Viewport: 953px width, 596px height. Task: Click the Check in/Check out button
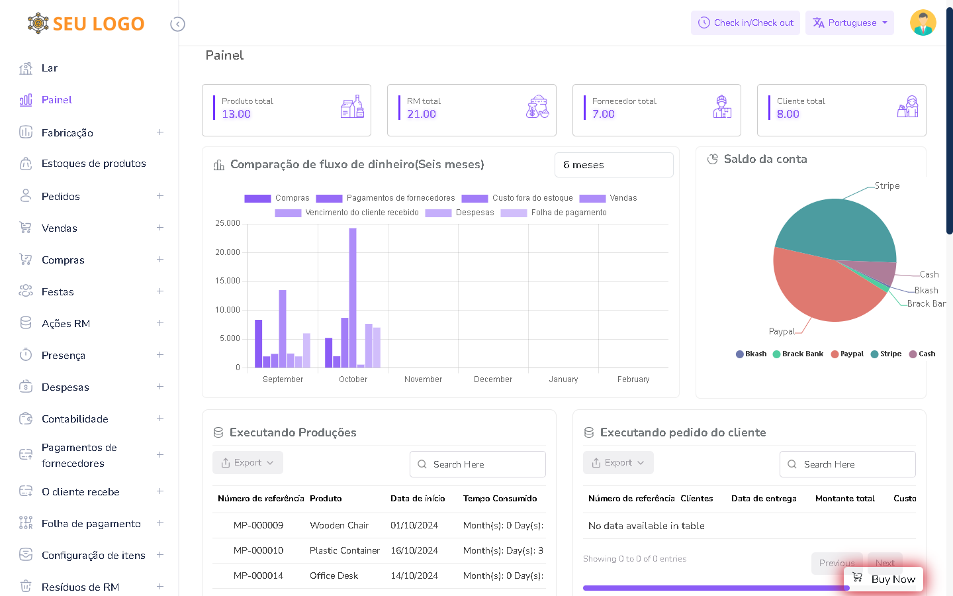[745, 23]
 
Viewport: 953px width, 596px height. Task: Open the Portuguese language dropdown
[849, 23]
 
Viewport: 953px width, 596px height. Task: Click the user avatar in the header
[923, 23]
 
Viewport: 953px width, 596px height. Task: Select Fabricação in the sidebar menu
[68, 132]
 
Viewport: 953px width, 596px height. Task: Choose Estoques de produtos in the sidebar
[93, 164]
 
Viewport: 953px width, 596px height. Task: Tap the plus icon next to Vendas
[159, 228]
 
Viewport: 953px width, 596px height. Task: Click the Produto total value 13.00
[236, 114]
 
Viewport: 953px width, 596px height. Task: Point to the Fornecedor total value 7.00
[604, 114]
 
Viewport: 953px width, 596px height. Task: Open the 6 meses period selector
[613, 165]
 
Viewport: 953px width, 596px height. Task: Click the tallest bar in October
[353, 298]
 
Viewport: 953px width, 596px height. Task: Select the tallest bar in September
[283, 328]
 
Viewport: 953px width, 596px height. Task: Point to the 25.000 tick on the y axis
[228, 223]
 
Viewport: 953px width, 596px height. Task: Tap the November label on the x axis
[423, 379]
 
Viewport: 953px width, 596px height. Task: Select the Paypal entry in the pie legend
[848, 354]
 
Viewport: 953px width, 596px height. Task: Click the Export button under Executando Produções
[248, 463]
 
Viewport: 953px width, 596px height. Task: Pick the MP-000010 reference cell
[258, 550]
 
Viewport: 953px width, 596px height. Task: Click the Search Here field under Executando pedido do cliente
[848, 464]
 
